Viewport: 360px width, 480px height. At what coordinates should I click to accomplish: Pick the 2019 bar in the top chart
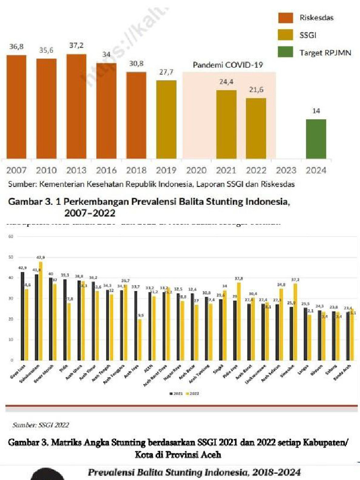(x=166, y=119)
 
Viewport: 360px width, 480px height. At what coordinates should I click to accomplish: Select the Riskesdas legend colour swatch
(x=285, y=18)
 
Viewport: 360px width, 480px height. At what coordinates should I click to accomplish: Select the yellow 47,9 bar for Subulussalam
(x=40, y=311)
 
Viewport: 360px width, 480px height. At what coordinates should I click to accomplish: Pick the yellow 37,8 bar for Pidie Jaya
(x=238, y=321)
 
